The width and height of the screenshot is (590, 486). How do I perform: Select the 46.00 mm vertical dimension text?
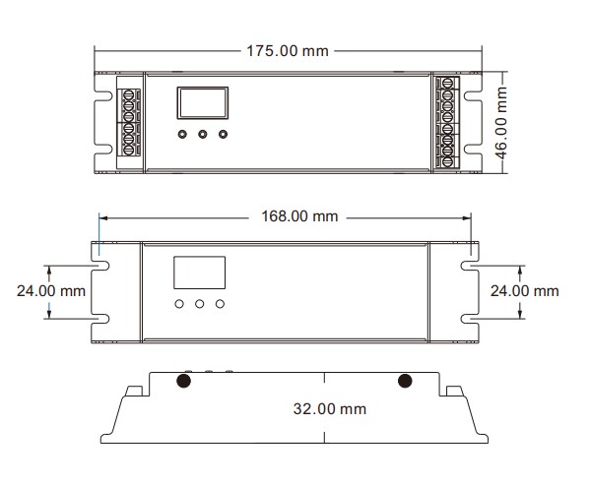pos(500,122)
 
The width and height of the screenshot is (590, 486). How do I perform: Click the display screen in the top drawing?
pos(202,102)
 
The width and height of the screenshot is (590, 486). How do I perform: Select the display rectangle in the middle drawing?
pos(199,272)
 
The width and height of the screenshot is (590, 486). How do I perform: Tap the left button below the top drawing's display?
pos(182,135)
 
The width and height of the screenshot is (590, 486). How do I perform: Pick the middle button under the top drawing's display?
pos(203,135)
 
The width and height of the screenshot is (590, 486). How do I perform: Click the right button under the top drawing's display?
pos(224,135)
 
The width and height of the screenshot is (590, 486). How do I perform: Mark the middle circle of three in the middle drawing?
pos(199,304)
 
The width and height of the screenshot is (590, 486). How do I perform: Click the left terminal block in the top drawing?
pos(129,122)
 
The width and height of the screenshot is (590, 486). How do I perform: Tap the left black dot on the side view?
pos(182,381)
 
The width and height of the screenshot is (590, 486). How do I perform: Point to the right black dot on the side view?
pos(404,381)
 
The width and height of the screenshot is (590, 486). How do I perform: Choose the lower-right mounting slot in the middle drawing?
pos(471,317)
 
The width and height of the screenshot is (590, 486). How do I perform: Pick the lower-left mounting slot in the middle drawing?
pos(102,317)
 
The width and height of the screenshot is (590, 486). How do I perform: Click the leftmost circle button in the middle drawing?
pos(179,304)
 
